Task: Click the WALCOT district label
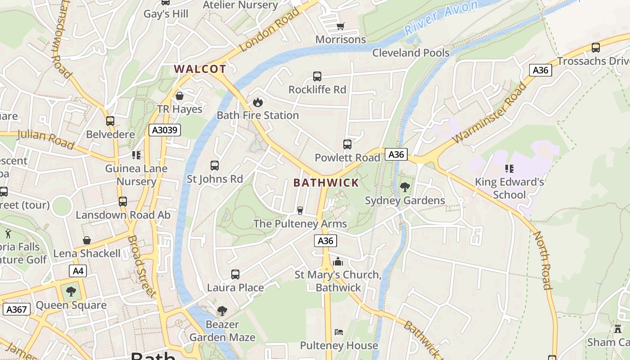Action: (200, 69)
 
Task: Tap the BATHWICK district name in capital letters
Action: (326, 183)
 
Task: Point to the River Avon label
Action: (441, 18)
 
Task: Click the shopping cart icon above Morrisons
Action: (341, 26)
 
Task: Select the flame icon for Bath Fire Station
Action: (258, 102)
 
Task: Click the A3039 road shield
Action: (165, 130)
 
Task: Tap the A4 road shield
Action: (77, 271)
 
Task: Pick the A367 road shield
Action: (17, 309)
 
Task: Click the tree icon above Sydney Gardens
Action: (405, 187)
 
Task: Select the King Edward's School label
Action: (509, 189)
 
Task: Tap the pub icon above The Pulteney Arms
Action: (300, 210)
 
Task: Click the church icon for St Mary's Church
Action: (338, 261)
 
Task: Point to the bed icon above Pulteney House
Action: (339, 332)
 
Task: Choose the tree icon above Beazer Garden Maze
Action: (222, 310)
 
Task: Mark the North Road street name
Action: (543, 260)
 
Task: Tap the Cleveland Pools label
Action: (411, 53)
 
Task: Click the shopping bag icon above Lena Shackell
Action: (87, 240)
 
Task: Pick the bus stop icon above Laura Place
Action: (235, 274)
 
